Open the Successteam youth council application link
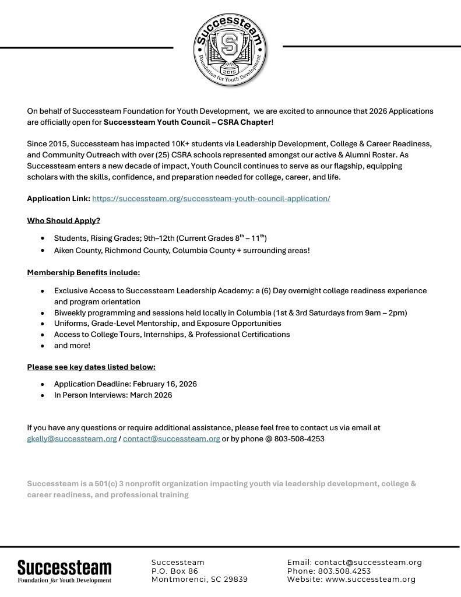(211, 198)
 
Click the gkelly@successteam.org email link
(72, 438)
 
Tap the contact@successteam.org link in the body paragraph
(171, 438)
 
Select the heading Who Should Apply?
(64, 220)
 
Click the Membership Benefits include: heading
(83, 272)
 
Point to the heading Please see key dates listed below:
(91, 367)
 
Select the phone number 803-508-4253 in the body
(300, 438)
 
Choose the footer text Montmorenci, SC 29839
(199, 579)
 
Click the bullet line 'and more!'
(72, 345)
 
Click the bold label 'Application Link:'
(58, 198)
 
